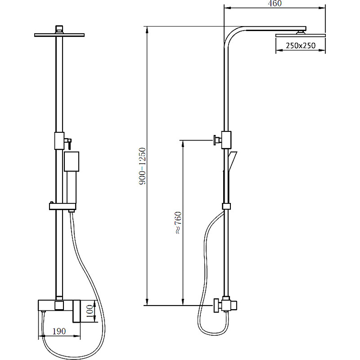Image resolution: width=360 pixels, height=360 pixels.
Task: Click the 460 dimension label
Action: point(274,4)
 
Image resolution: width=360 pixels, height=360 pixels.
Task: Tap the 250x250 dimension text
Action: point(301,45)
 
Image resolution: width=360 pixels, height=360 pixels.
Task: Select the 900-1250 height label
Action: point(143,166)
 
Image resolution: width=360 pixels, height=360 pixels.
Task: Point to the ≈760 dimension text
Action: point(178,223)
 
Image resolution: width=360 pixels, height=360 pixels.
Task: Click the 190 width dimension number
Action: point(59,331)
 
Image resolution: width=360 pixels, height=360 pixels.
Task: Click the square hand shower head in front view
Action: point(72,162)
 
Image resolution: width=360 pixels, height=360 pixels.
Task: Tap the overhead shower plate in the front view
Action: point(59,35)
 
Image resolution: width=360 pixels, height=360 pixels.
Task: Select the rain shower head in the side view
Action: point(301,36)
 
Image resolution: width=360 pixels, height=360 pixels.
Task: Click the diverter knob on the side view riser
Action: point(217,140)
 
